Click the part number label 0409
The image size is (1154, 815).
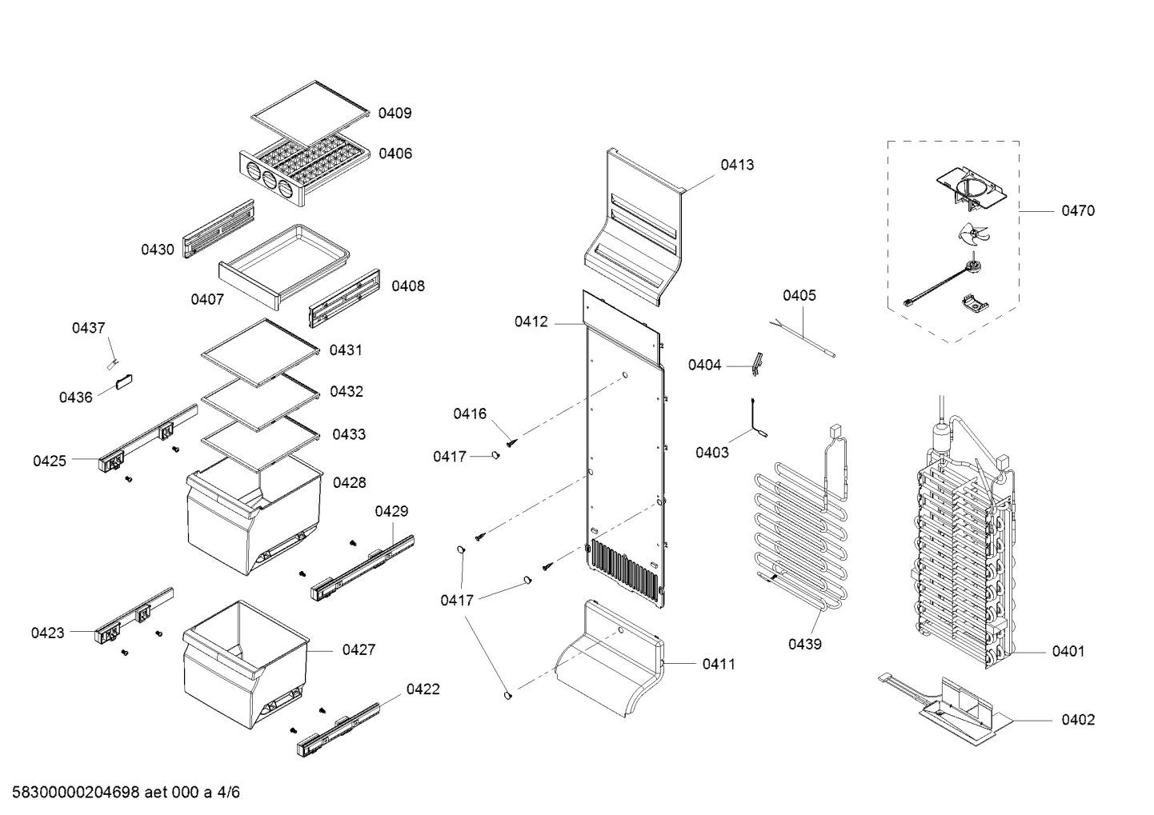395,113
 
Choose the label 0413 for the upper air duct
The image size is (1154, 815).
736,165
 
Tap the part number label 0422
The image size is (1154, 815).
423,689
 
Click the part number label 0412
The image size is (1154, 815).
531,322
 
